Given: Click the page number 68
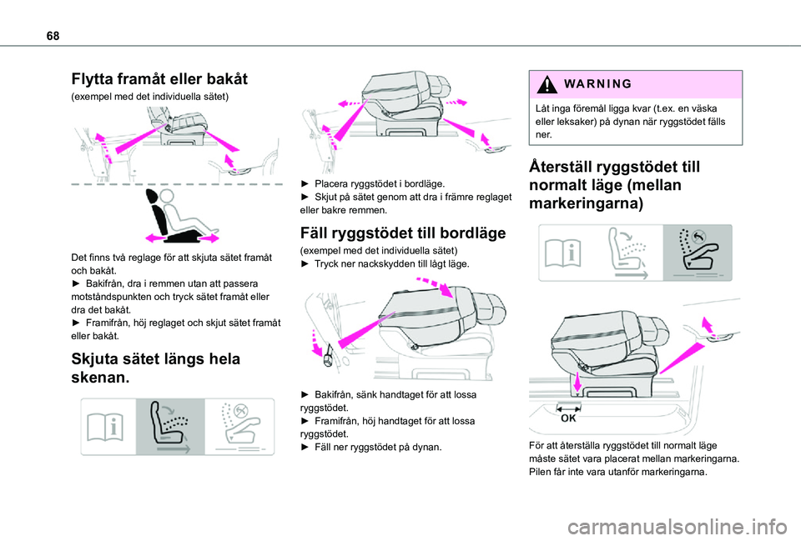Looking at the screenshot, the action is point(53,36).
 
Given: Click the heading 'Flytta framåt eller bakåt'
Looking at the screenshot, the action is point(159,79).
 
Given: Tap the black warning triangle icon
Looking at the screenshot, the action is point(547,84).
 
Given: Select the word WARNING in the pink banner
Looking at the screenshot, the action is point(597,83).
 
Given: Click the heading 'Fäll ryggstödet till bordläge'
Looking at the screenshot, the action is point(402,233).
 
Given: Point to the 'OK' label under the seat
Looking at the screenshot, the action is point(568,418).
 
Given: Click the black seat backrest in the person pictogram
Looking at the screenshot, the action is point(156,213).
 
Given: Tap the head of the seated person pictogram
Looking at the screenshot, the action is point(167,196).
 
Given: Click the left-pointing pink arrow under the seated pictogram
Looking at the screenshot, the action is point(155,238).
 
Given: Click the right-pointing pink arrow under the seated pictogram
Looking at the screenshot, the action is point(209,238).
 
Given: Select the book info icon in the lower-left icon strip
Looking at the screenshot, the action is point(105,427).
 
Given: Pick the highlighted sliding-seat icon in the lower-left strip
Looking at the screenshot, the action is point(170,427).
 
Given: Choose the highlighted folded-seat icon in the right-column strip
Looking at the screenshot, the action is point(698,253).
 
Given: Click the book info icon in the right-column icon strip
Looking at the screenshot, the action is point(562,253).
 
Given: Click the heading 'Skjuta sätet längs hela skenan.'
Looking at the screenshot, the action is point(156,368).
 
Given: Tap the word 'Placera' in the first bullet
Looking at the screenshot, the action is point(331,183).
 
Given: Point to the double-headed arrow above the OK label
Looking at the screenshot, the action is point(568,408).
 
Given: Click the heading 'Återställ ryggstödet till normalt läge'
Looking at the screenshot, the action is point(615,185).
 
